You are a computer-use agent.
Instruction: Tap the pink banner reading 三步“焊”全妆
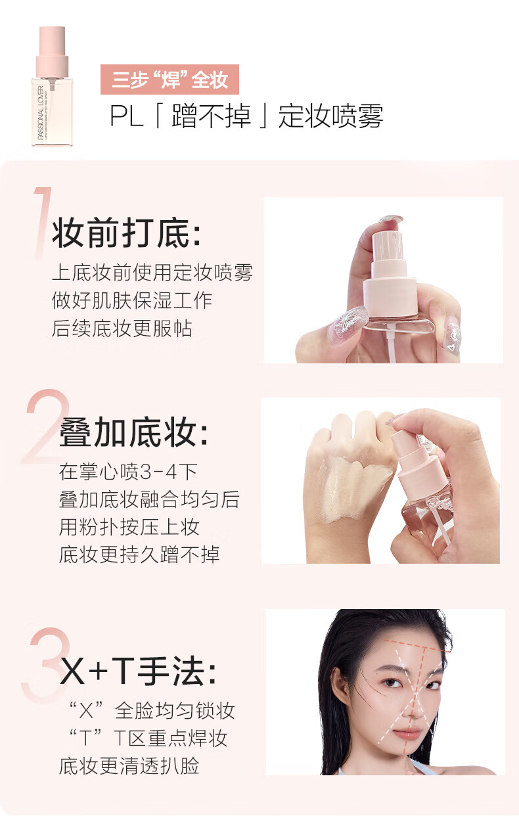[x=169, y=79]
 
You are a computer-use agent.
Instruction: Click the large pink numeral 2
[x=46, y=427]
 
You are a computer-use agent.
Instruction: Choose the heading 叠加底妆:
[x=134, y=434]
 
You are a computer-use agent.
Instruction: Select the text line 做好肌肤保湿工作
[x=132, y=300]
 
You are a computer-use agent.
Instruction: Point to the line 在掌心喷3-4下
[x=128, y=471]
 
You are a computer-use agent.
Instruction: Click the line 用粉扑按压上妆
[x=129, y=526]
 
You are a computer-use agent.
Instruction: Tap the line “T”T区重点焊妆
[x=148, y=738]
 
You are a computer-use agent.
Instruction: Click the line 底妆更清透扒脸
[x=129, y=765]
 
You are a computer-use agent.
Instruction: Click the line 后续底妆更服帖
[x=122, y=328]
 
